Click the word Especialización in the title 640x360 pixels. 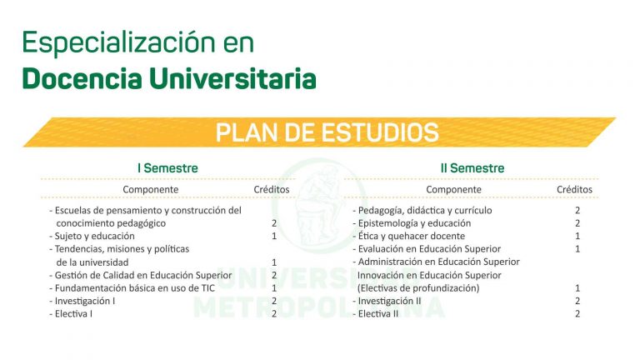coord(119,42)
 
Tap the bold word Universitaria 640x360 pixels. coord(232,78)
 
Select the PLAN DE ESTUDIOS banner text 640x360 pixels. coord(327,132)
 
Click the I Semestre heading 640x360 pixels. coord(167,168)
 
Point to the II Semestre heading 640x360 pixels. coord(472,168)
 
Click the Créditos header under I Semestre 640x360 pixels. coord(272,189)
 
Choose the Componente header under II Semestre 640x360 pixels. coord(453,190)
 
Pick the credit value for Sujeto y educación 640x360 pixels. coord(274,237)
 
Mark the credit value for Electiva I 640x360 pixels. coord(274,314)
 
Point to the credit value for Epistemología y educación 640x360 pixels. coord(577,223)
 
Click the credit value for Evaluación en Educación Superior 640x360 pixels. coord(577,249)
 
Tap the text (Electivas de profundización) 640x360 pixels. coord(418,288)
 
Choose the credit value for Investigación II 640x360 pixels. coord(577,301)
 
